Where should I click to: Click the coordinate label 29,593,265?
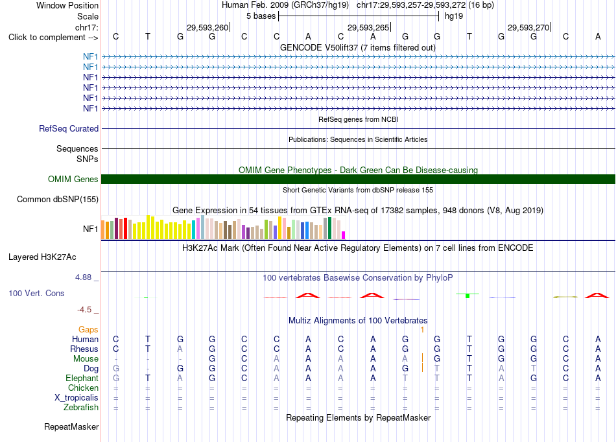point(368,27)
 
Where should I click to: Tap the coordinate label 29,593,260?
point(207,27)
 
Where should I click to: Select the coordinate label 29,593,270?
point(528,27)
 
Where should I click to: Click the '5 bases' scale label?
point(261,16)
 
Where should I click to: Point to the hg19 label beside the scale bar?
point(454,16)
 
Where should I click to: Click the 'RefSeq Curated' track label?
point(69,128)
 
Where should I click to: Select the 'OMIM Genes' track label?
point(73,179)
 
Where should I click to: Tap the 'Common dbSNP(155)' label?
point(58,199)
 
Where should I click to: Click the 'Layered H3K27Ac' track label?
point(42,257)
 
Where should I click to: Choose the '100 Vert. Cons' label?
point(36,293)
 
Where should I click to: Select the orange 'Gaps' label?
point(88,329)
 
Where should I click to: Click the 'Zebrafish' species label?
point(81,407)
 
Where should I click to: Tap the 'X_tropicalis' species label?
point(77,397)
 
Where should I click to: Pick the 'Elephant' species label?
point(82,378)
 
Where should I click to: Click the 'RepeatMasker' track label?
point(71,426)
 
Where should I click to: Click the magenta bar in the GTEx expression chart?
point(344,235)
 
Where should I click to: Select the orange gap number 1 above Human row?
point(422,330)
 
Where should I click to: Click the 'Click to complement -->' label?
point(53,38)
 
